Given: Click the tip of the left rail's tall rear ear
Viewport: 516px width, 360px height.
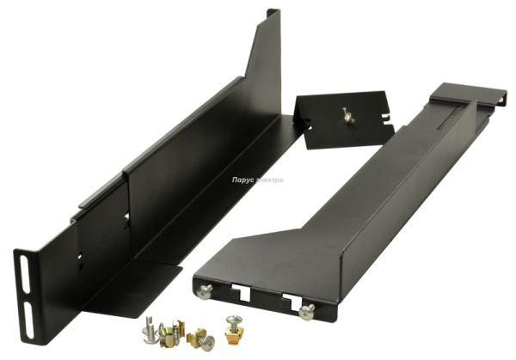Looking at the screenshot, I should [273, 13].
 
